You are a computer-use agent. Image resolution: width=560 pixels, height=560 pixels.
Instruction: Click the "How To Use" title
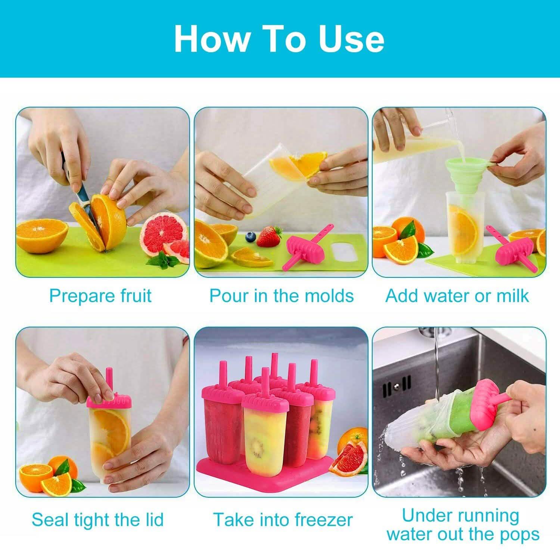279,39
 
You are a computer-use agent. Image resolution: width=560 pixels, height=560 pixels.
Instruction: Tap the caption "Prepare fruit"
100,296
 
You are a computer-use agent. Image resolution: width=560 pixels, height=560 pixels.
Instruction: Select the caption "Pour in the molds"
281,296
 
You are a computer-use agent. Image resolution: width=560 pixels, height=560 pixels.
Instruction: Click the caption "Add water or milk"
457,296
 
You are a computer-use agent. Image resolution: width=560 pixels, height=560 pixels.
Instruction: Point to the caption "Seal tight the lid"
98,519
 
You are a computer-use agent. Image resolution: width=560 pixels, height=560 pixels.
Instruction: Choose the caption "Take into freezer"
283,519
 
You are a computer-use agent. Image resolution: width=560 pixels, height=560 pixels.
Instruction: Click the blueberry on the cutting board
250,236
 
